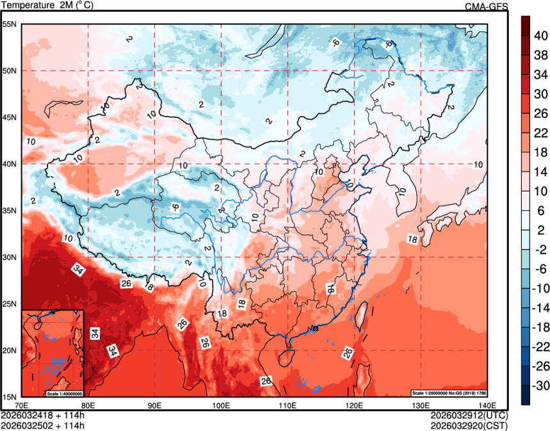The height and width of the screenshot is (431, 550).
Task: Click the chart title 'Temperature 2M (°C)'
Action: (x=48, y=5)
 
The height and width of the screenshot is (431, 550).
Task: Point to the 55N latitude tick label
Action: (x=10, y=24)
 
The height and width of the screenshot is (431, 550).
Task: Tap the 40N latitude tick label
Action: (x=10, y=164)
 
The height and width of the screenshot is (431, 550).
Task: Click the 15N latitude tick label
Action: (x=10, y=397)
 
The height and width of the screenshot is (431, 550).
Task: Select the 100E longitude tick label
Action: (x=221, y=405)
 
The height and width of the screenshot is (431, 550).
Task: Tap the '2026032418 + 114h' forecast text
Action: (x=43, y=415)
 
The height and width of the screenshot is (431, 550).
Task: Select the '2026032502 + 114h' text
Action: (x=43, y=425)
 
